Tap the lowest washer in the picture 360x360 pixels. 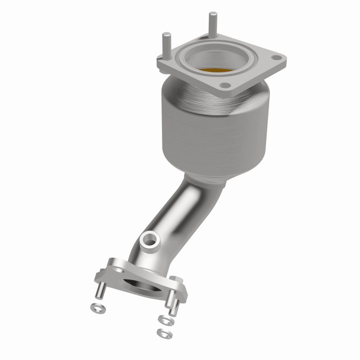162,333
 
